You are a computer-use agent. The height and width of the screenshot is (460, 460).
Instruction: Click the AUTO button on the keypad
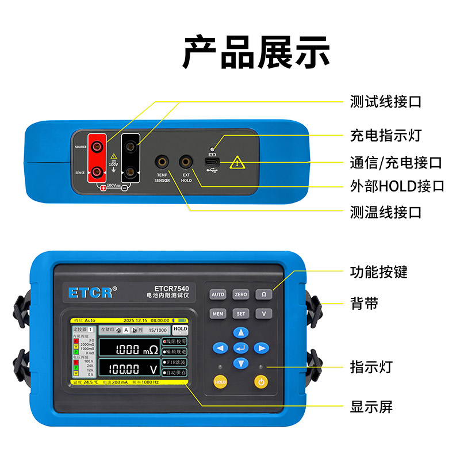(218, 294)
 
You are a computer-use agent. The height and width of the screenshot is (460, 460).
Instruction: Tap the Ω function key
(264, 294)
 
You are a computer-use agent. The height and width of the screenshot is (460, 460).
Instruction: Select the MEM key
(218, 314)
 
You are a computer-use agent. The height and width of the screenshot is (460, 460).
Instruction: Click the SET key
(241, 314)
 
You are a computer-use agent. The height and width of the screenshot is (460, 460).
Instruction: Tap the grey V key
(264, 314)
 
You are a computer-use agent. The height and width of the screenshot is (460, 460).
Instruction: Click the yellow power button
(261, 381)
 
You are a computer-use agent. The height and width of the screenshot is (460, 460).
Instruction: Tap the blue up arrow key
(241, 332)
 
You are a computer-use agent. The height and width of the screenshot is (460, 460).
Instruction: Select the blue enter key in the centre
(241, 348)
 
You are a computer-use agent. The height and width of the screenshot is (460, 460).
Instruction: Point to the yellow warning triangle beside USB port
(237, 163)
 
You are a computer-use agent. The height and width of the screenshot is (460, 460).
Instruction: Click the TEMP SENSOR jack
(162, 162)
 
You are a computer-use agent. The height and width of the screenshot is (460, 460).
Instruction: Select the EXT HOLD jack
(186, 162)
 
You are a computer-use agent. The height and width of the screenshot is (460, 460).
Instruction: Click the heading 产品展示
(256, 53)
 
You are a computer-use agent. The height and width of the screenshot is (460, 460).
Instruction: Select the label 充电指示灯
(386, 136)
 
